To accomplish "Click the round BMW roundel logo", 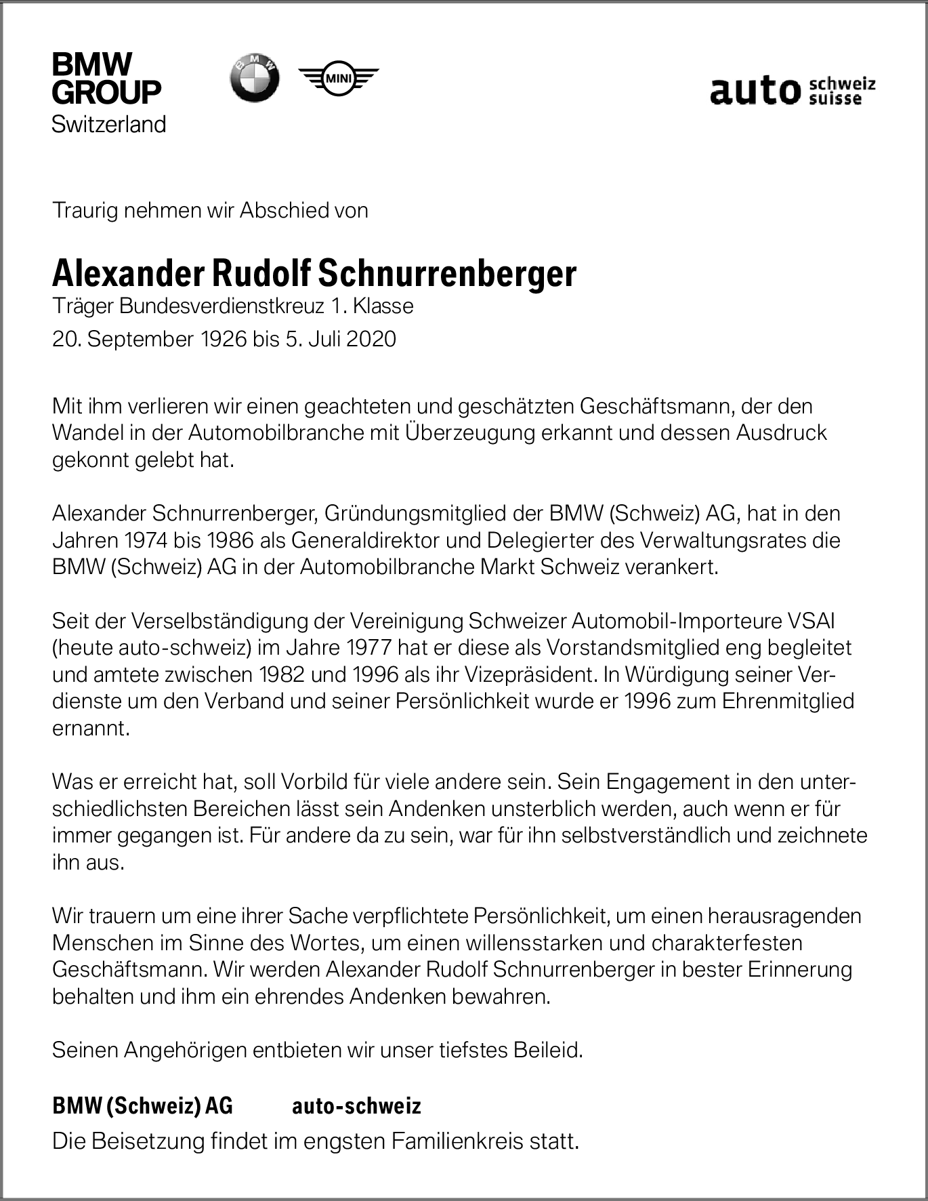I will point(254,79).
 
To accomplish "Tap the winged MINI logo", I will point(338,79).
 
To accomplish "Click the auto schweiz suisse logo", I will point(793,90).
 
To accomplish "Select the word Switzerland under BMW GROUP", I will point(109,124).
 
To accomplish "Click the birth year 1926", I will point(223,339).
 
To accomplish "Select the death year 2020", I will point(371,339).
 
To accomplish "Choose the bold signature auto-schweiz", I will point(356,1106).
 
